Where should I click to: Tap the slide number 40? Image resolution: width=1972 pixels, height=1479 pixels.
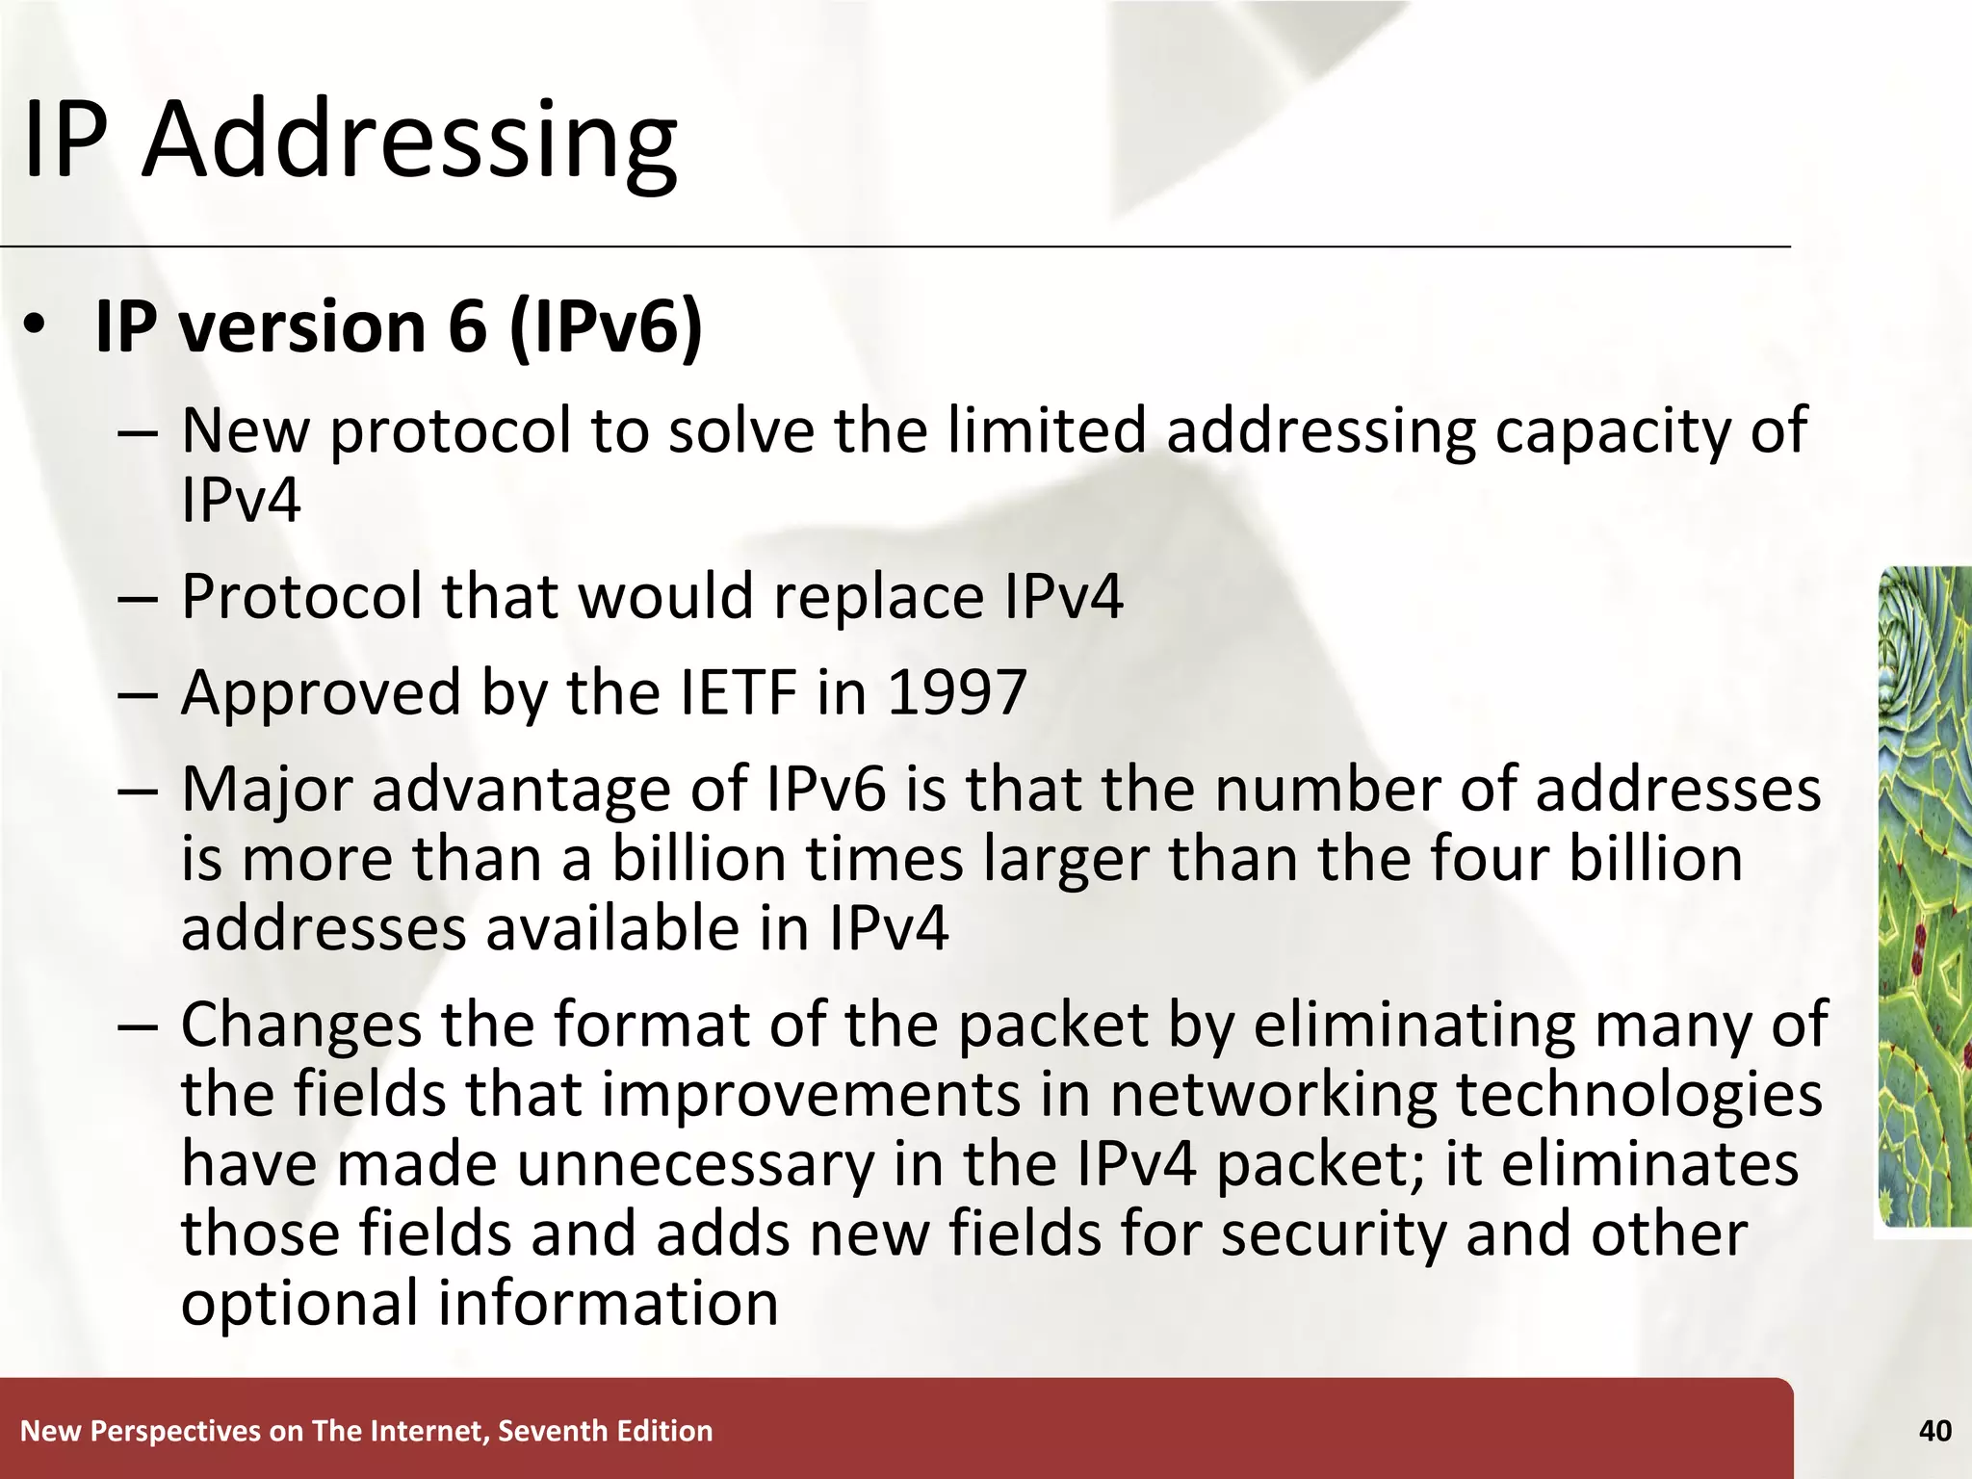pos(1934,1431)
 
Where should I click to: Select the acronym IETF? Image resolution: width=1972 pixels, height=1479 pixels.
pos(739,692)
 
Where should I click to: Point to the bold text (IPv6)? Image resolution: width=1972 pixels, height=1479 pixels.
pos(606,327)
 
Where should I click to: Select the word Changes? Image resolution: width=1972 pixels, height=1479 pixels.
pos(301,1025)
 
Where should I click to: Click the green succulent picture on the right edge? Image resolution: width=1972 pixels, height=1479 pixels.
pos(1925,895)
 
